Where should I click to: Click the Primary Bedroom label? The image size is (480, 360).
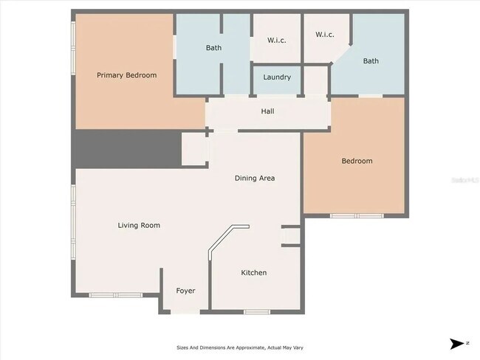[x=127, y=75]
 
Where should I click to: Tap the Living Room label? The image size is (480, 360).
[x=139, y=226]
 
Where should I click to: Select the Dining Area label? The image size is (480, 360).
[x=255, y=178]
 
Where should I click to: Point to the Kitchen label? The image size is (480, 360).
[x=254, y=273]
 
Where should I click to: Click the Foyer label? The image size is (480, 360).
[x=185, y=291]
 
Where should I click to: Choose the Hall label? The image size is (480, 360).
[x=267, y=112]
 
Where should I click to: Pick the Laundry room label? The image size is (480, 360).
[x=277, y=77]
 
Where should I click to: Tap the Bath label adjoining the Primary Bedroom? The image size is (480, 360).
[x=213, y=49]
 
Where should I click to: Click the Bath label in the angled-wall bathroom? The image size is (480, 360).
[x=371, y=61]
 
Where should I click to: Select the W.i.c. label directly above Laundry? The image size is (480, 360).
[x=277, y=41]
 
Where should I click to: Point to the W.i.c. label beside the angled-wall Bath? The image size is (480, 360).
[x=325, y=35]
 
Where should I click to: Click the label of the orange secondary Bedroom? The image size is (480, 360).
[x=356, y=161]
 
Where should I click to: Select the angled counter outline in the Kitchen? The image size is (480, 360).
[x=222, y=243]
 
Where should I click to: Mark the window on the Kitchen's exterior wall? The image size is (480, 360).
[x=256, y=312]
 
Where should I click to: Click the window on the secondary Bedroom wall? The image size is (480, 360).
[x=356, y=215]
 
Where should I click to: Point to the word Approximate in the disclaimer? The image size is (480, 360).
[x=235, y=347]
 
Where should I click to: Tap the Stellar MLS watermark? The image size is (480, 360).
[x=465, y=179]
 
